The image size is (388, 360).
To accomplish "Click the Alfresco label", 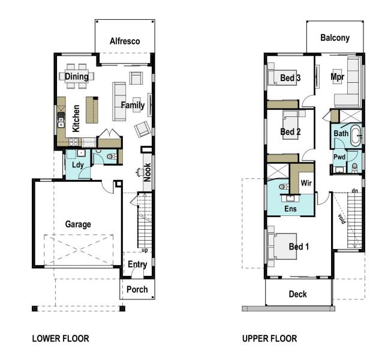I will [125, 41].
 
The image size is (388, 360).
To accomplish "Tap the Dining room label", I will [77, 76].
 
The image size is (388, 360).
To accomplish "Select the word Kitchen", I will [76, 118].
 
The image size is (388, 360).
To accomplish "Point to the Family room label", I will [133, 106].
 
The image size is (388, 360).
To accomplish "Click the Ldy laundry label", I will [77, 165].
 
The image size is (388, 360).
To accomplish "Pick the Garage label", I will [78, 224].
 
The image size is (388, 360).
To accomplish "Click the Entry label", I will [137, 265].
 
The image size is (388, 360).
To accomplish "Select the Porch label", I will [137, 289].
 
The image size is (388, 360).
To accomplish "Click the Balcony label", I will [335, 38].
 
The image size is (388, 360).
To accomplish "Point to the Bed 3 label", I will [290, 78].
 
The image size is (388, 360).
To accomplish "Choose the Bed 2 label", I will [290, 132].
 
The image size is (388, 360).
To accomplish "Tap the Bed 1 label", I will [299, 247].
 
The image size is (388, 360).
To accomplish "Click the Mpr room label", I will [338, 77].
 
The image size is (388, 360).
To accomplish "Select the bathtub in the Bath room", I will [356, 136].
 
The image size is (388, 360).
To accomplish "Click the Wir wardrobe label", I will [306, 183].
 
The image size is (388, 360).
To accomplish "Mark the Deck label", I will [298, 294].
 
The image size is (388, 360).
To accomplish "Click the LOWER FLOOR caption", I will [60, 339].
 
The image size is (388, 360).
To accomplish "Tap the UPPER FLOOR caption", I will [269, 339].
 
